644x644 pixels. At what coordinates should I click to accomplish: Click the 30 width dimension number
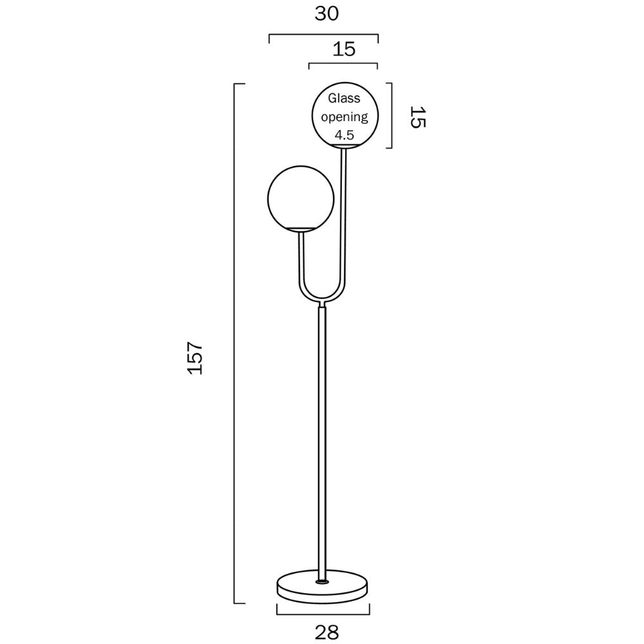point(327,14)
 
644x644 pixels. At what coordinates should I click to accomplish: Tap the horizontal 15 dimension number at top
point(345,49)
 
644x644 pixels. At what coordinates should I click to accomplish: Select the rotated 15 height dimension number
point(417,117)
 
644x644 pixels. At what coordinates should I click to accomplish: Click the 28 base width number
point(327,632)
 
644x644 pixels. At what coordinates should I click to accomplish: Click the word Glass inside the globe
point(345,99)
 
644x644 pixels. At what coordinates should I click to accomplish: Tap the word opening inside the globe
point(345,117)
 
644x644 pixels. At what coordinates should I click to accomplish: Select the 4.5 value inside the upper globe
point(345,135)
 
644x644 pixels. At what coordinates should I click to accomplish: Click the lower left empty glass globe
point(301,196)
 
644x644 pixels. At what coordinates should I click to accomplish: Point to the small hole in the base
point(322,582)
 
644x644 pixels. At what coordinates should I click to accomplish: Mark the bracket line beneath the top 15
point(343,64)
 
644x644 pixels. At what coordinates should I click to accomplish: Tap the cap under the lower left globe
point(301,230)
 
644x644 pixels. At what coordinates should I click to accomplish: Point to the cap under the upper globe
point(345,147)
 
